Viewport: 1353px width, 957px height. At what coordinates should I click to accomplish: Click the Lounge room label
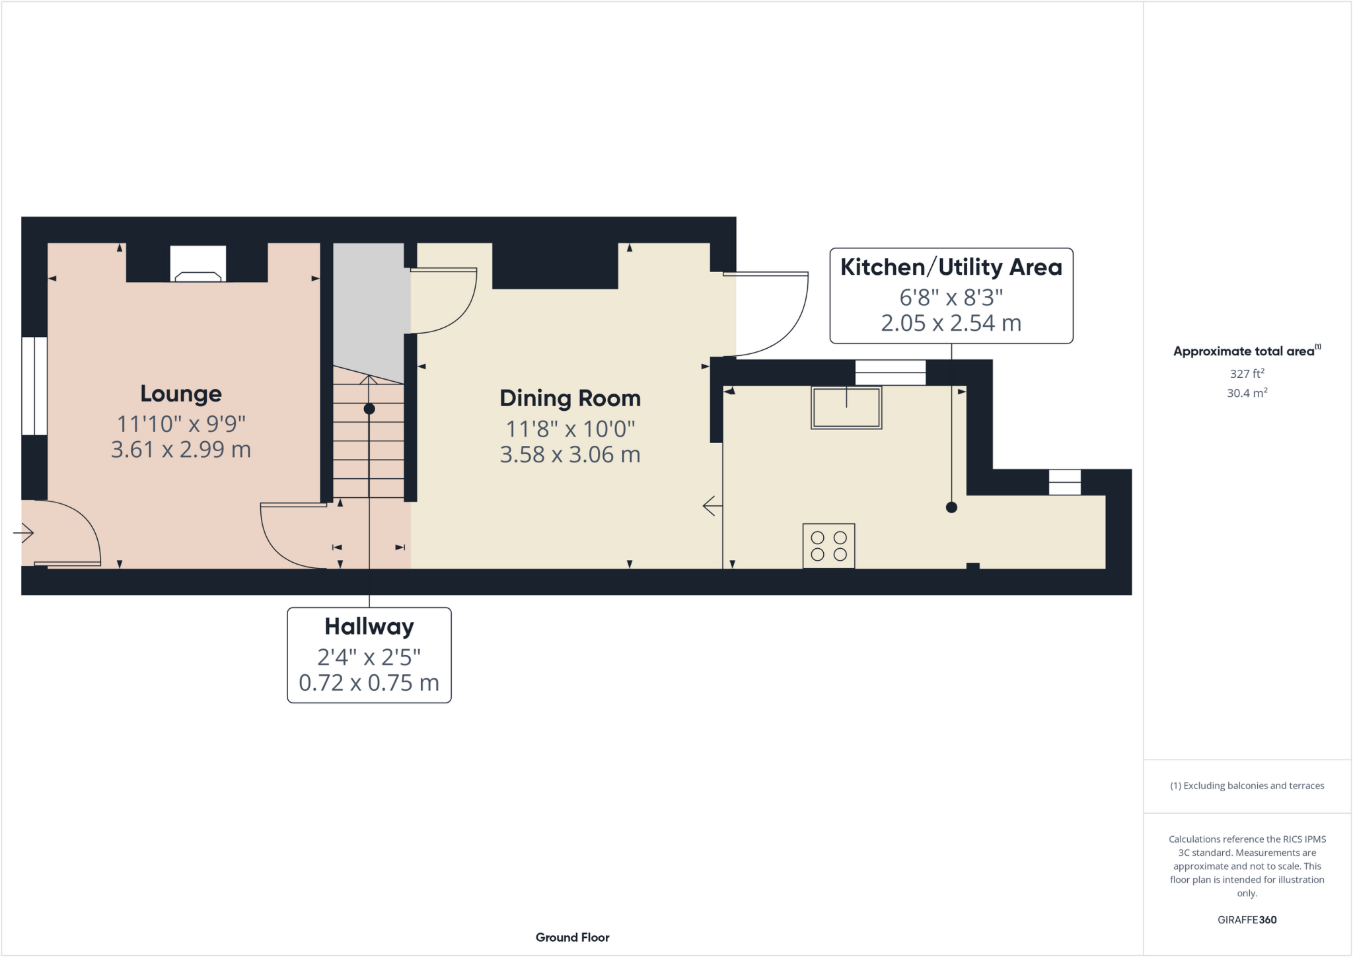[x=180, y=394]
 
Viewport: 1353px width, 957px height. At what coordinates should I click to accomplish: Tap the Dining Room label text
[x=569, y=398]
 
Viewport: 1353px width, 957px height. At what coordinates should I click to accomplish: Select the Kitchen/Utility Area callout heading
[x=951, y=267]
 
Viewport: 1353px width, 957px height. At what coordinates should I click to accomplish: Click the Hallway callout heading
[x=369, y=626]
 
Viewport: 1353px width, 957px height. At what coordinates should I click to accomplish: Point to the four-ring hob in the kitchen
[x=828, y=546]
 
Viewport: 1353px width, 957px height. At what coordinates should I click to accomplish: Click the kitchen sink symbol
[x=846, y=408]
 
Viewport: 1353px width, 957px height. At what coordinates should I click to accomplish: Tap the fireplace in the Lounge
[x=198, y=265]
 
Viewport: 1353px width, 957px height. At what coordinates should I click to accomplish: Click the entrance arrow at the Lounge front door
[x=24, y=532]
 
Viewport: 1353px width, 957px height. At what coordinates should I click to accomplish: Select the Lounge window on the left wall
[x=34, y=386]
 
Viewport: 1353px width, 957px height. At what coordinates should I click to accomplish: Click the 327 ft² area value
[x=1247, y=374]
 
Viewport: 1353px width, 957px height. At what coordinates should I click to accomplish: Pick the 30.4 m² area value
[x=1247, y=394]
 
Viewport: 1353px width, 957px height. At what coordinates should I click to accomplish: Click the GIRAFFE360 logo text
[x=1247, y=919]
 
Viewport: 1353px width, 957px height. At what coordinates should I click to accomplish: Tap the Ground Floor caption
[x=572, y=937]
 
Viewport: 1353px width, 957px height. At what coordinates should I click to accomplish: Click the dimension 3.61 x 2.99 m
[x=180, y=450]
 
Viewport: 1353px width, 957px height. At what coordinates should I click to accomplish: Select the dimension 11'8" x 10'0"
[x=569, y=429]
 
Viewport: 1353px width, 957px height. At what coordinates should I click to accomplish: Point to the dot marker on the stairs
[x=369, y=409]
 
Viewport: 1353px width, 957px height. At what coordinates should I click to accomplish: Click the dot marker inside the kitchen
[x=951, y=507]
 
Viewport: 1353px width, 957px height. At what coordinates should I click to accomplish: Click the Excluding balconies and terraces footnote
[x=1247, y=786]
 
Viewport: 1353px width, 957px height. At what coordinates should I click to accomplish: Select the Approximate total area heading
[x=1243, y=351]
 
